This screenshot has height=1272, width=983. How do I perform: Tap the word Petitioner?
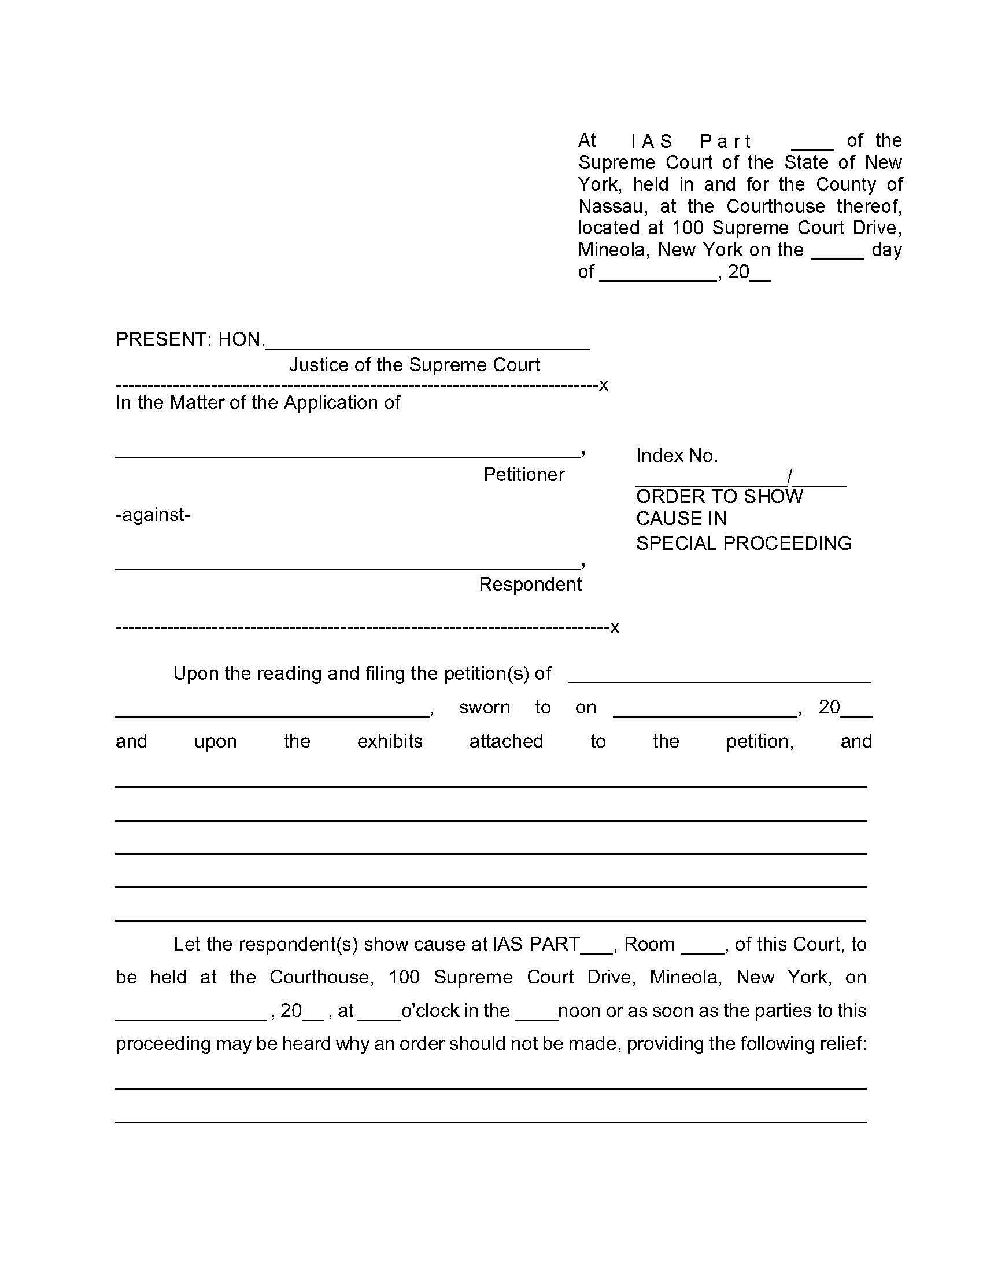523,475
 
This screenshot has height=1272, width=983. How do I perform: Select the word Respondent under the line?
530,584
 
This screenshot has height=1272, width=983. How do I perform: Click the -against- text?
153,515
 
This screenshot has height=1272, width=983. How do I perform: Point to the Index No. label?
677,456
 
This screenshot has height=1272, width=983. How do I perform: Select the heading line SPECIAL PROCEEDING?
744,543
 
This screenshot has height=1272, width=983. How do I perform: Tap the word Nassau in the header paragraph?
611,206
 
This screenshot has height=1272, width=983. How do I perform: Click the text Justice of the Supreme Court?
415,365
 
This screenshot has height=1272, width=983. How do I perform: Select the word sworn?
484,707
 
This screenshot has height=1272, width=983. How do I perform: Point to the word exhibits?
390,741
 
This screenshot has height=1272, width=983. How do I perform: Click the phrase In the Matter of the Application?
257,402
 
